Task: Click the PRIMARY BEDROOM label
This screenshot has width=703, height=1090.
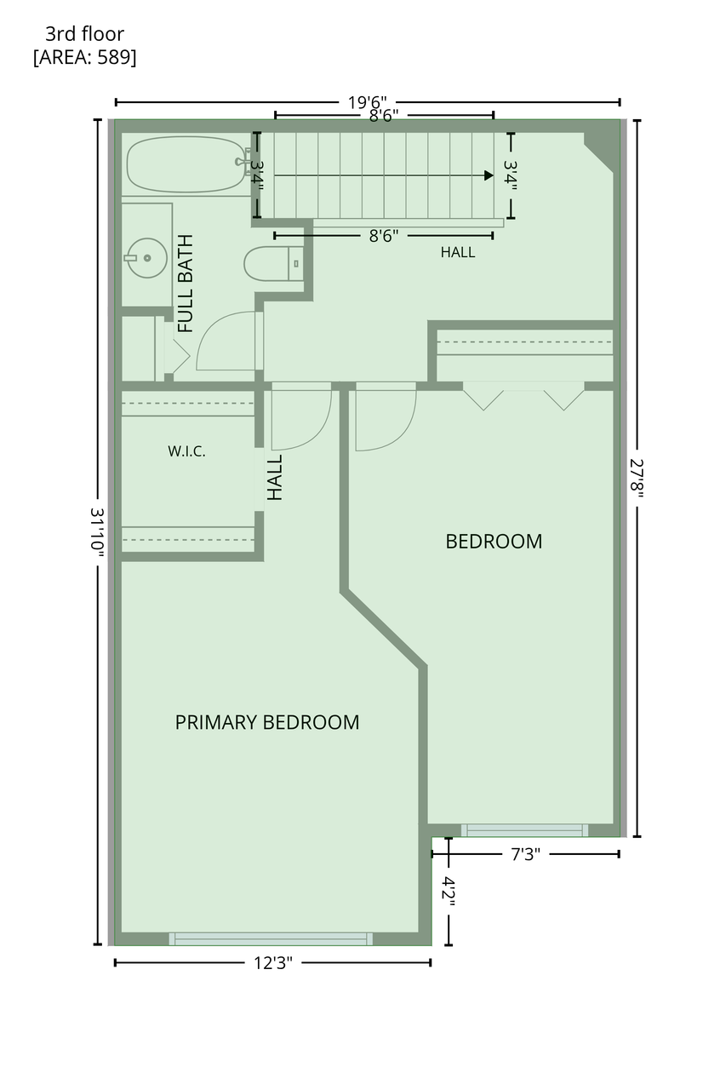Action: [267, 722]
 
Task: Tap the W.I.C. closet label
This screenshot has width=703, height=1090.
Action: [186, 451]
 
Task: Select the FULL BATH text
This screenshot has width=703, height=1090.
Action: [186, 284]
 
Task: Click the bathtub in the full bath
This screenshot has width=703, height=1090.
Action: [186, 164]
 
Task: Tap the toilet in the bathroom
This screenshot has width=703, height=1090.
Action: [273, 264]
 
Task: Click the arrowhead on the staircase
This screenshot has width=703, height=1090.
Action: [489, 175]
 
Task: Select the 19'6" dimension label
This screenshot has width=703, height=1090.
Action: [368, 103]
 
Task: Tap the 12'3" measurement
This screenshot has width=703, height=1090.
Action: [273, 962]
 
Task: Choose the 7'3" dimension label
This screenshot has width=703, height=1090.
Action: [526, 854]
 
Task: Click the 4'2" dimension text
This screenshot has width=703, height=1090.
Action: [449, 892]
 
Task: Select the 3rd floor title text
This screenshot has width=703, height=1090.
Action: [84, 34]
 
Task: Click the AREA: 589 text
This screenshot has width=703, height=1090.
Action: [84, 57]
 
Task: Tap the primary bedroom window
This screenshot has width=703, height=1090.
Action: [271, 938]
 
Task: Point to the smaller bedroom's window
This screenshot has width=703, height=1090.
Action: [524, 830]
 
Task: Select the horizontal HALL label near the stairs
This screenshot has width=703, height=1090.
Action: [458, 252]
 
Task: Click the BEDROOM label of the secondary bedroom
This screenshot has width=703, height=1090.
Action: [494, 542]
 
